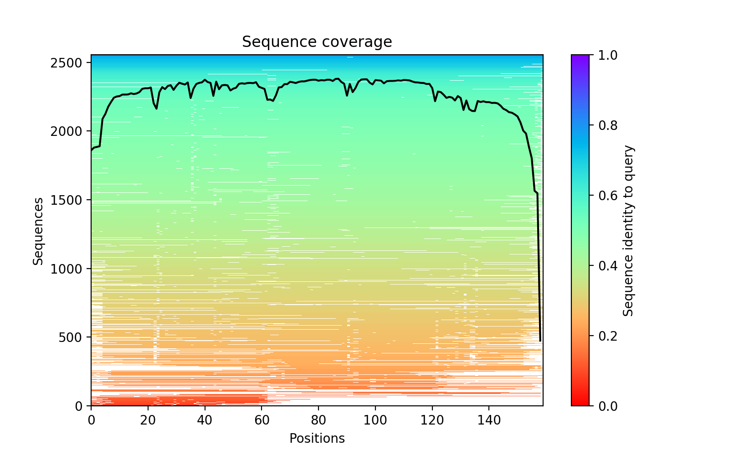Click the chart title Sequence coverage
[x=317, y=42]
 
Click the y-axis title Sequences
[x=38, y=231]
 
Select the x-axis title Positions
[x=317, y=439]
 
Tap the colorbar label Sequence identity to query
[x=628, y=231]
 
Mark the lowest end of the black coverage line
[x=540, y=341]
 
